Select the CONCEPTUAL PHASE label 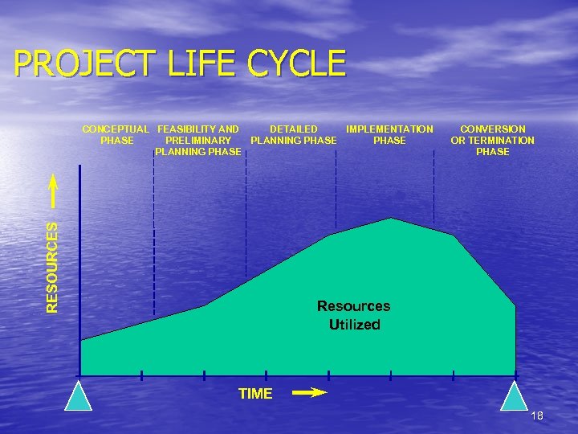click(x=116, y=134)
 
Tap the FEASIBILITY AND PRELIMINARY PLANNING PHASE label click(x=197, y=140)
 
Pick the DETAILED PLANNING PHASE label click(x=293, y=134)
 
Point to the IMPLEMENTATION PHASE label click(x=389, y=134)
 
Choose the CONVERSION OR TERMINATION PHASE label click(x=492, y=140)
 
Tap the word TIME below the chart click(x=255, y=394)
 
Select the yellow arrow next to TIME click(x=308, y=393)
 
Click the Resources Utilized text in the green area click(x=353, y=315)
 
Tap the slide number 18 click(x=537, y=416)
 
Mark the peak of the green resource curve click(x=391, y=219)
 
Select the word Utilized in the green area click(x=354, y=325)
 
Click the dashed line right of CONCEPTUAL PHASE click(x=153, y=233)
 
